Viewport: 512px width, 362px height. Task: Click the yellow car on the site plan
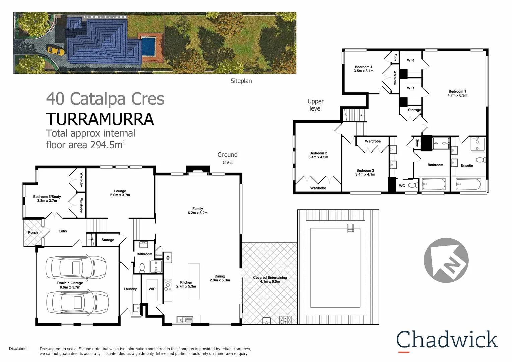(56, 50)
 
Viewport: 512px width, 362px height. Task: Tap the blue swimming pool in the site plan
(149, 46)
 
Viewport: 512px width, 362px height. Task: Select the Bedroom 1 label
(457, 91)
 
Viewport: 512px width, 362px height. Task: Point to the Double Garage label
(70, 283)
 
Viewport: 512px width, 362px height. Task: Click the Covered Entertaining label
(270, 278)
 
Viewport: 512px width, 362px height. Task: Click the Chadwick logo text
(447, 340)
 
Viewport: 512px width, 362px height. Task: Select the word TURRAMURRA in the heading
(100, 119)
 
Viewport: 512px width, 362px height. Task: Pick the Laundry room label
(130, 289)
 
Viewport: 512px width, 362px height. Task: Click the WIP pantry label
(152, 289)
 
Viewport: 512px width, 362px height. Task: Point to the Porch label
(33, 233)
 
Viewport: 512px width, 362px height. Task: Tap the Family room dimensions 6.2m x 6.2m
(198, 213)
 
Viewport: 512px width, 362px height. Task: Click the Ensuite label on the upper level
(467, 165)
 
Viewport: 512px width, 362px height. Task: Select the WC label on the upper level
(402, 186)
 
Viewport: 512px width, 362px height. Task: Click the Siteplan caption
(241, 81)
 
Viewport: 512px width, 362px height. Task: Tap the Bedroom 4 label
(363, 67)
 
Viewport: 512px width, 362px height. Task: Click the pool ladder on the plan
(350, 228)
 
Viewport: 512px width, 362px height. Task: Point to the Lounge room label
(120, 191)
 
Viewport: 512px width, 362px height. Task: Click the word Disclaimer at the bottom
(19, 349)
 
